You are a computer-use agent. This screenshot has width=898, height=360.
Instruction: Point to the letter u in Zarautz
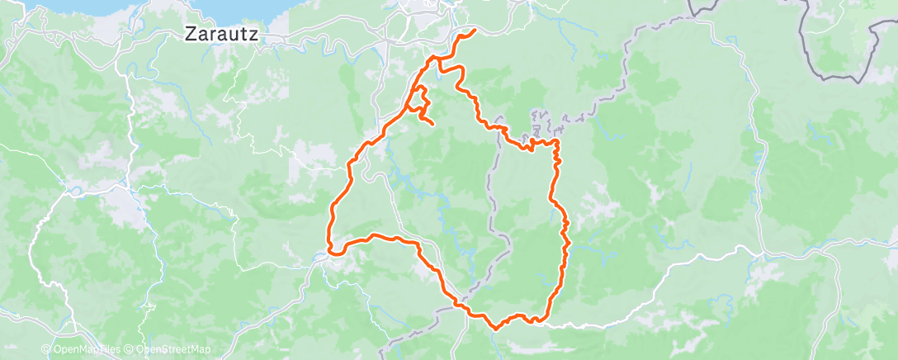[234, 36]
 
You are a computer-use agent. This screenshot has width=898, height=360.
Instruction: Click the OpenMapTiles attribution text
[86, 350]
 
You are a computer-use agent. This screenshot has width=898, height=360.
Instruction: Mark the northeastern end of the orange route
[475, 31]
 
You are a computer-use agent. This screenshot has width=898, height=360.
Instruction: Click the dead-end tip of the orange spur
[432, 124]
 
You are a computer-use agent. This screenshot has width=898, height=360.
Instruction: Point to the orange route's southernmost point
[496, 328]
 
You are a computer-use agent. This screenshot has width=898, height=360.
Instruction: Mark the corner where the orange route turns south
[558, 144]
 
